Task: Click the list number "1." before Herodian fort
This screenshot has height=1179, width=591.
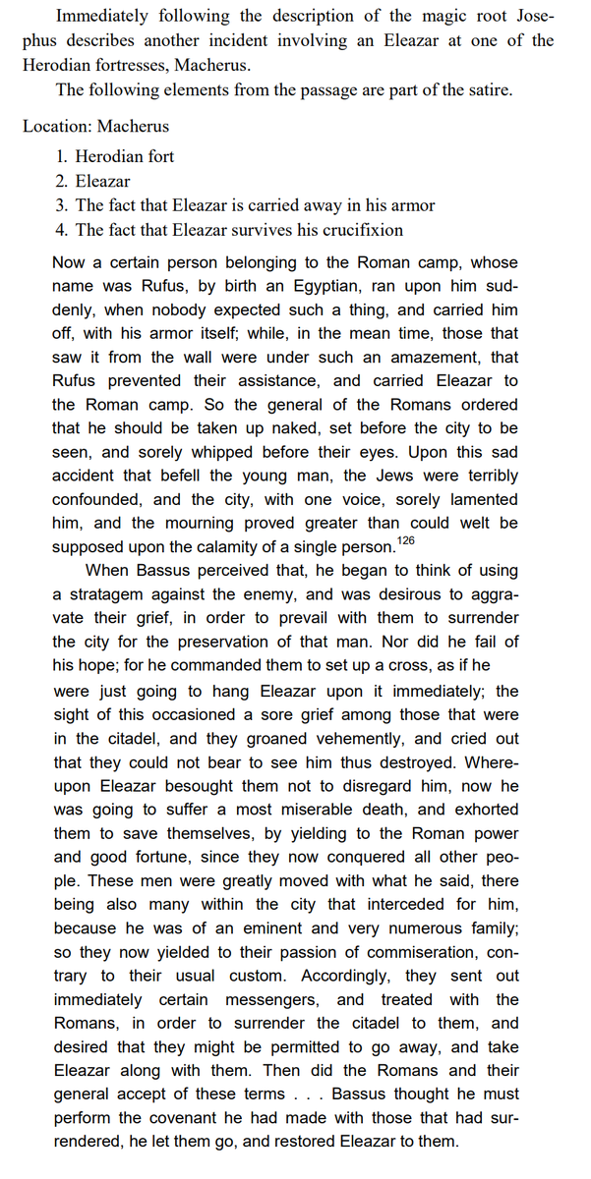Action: [x=62, y=156]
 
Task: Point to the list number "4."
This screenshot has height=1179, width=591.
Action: [x=62, y=231]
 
